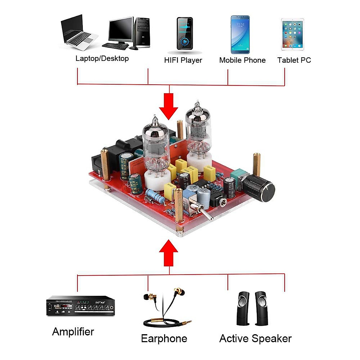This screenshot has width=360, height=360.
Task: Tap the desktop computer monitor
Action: point(121,30)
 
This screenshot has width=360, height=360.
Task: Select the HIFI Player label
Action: point(183,60)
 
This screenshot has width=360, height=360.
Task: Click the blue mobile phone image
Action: point(240,34)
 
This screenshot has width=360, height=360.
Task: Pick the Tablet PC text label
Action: point(294,60)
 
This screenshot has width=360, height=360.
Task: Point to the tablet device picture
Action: point(292,34)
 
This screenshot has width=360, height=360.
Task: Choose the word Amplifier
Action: point(73,332)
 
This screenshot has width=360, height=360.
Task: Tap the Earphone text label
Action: point(164,339)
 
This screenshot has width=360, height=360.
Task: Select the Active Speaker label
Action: point(255,339)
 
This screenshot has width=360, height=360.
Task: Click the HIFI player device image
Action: point(184,34)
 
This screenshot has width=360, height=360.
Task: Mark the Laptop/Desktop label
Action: point(102,58)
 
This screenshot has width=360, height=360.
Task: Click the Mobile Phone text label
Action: point(242,60)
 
